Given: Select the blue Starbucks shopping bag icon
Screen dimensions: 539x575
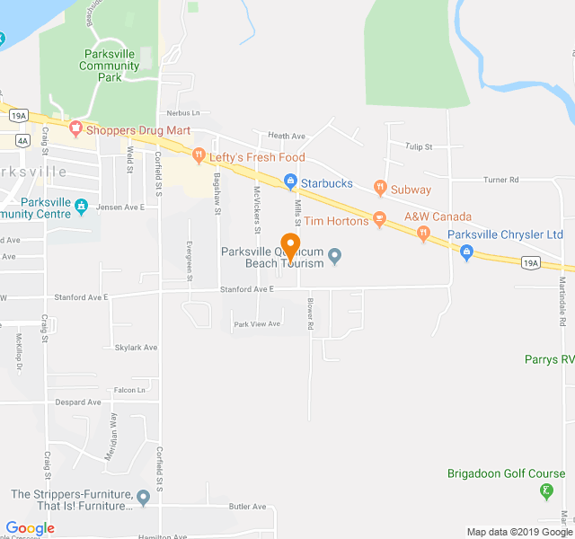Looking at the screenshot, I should click(290, 182).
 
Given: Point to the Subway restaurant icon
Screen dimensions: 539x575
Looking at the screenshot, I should click(381, 189).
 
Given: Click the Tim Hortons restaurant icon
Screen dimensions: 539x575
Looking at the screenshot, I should click(379, 220).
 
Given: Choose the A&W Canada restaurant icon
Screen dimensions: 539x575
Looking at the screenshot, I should click(423, 234).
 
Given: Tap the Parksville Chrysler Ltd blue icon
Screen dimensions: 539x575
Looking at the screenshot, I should click(466, 253).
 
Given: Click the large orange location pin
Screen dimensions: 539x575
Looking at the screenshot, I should click(290, 245).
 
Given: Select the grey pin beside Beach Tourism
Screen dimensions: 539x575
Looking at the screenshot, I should click(335, 257).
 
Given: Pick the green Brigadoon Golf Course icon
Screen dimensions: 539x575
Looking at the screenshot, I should click(545, 490).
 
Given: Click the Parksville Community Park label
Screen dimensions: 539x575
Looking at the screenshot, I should click(108, 66).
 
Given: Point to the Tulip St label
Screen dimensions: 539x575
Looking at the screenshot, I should click(419, 146).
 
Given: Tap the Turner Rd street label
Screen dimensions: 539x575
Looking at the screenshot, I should click(501, 180).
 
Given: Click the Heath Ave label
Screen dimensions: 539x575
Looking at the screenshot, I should click(287, 136).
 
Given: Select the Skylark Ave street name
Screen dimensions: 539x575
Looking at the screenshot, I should click(137, 347).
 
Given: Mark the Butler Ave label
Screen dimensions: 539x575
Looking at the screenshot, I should click(247, 507).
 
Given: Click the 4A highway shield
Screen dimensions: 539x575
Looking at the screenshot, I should click(22, 140).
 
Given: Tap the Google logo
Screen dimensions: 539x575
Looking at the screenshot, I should click(30, 528).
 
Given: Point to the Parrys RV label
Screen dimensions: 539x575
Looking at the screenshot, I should click(549, 359).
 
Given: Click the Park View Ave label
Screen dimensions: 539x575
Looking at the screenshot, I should click(257, 323).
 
